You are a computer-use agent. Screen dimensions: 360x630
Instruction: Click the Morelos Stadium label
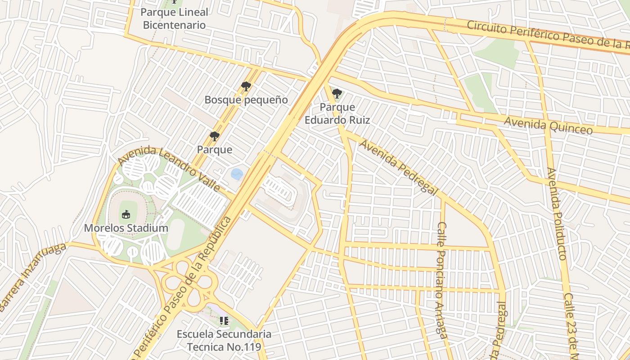pos(126,228)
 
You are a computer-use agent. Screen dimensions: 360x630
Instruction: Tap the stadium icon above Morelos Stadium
pos(126,214)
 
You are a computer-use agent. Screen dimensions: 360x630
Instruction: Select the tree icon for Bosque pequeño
pos(246,86)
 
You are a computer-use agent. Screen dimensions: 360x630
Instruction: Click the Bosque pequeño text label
pos(246,99)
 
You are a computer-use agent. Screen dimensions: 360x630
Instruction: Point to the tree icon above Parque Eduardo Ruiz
pos(337,94)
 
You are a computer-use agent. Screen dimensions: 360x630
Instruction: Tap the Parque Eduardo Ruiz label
pos(337,114)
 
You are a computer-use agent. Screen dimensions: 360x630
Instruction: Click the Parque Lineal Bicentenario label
pos(174,18)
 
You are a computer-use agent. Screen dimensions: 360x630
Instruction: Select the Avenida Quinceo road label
pos(548,125)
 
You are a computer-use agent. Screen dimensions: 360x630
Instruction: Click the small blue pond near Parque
pos(237,174)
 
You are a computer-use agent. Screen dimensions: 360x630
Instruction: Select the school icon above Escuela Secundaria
pos(224,321)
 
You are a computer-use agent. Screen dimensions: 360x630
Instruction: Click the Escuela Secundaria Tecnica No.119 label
pos(224,341)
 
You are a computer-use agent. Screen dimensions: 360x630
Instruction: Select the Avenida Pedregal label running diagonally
pos(398,167)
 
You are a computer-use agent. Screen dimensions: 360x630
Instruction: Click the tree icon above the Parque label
pos(215,136)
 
